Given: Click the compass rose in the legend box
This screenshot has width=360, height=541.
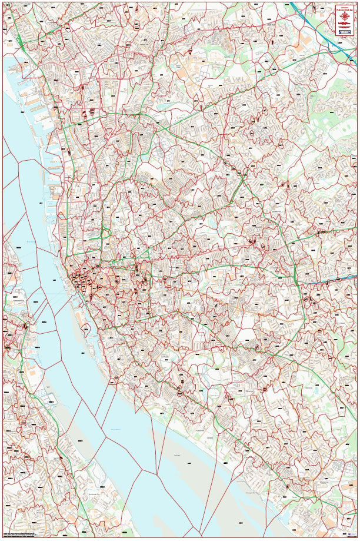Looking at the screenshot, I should (344, 18).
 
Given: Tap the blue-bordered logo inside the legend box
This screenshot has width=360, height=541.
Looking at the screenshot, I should (344, 32).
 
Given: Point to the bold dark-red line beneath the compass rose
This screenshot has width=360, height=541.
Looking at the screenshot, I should (344, 26).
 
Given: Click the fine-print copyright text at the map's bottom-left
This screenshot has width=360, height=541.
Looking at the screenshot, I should (18, 535).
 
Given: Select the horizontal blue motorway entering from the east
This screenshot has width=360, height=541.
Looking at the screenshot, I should (329, 281).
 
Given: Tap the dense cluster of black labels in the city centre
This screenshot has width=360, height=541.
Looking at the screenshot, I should (82, 283).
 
